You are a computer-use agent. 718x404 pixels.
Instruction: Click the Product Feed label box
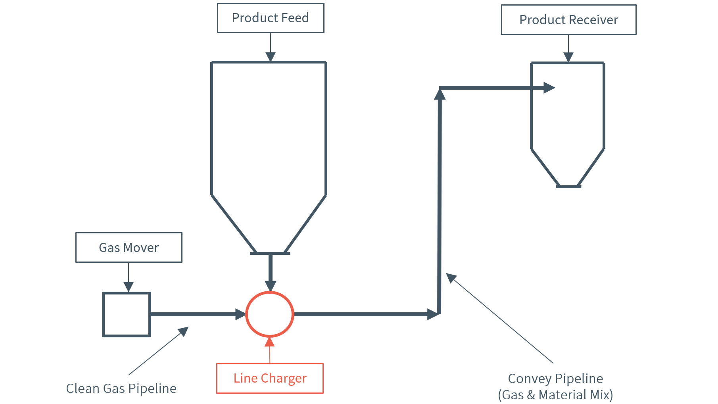point(271,18)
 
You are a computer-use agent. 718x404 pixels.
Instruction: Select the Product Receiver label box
point(568,20)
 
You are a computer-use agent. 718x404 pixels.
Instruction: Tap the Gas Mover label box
point(129,248)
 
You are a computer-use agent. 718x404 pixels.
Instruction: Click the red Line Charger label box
point(270,378)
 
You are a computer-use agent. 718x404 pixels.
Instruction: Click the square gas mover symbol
point(127,314)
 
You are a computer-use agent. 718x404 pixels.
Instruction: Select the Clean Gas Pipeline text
point(121,389)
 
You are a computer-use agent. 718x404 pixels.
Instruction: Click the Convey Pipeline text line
point(555,379)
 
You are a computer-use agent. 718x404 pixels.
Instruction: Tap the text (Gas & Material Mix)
point(555,395)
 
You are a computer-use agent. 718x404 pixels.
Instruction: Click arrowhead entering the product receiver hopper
point(549,88)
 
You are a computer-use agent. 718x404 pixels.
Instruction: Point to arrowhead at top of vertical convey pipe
point(440,94)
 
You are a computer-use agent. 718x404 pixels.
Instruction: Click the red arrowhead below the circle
point(270,342)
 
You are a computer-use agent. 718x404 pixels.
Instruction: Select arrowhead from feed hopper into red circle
point(271,286)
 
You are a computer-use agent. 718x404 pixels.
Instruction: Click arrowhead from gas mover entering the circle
point(240,314)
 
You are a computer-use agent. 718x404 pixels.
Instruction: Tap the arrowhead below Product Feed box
point(271,57)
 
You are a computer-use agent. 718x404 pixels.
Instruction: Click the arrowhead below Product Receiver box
point(568,57)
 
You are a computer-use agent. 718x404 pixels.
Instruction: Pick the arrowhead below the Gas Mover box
point(129,287)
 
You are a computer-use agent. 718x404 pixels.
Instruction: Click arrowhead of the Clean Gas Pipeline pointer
point(184,331)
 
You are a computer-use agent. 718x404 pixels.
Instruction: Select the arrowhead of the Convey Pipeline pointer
point(451,278)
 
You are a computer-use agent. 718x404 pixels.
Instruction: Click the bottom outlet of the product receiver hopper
point(568,187)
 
